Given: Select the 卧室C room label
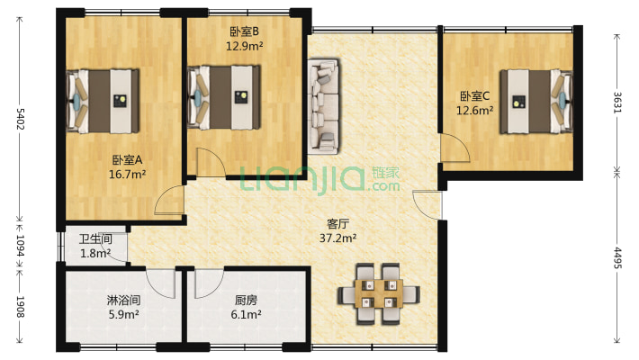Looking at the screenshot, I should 475,96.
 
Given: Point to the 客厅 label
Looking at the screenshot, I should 337,224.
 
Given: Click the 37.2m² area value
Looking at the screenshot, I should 337,238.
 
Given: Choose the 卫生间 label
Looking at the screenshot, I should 94,239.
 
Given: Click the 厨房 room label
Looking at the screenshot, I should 247,301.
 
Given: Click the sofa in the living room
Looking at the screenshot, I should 324,104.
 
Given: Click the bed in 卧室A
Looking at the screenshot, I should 103,100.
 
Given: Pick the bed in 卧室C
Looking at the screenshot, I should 535,100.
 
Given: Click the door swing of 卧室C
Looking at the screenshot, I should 453,148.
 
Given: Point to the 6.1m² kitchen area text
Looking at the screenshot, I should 247,315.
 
